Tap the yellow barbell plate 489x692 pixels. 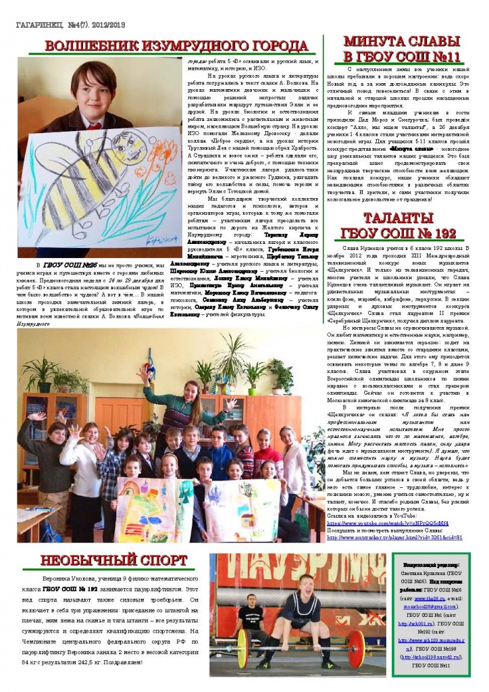(x=242, y=649)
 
